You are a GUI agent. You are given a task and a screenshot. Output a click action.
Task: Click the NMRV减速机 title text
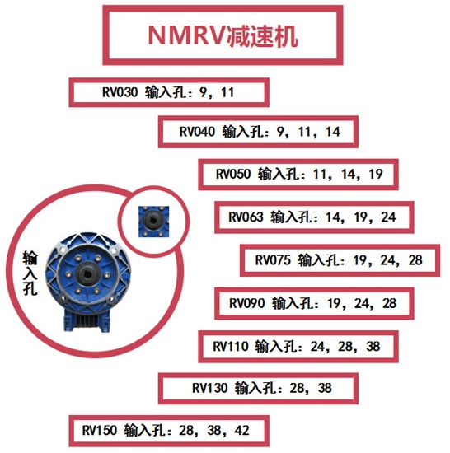pos(223,35)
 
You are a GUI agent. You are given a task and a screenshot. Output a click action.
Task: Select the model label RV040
pos(197,131)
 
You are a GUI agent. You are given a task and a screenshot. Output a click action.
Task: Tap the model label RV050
pos(233,175)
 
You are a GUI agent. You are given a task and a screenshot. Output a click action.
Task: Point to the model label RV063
pos(246,218)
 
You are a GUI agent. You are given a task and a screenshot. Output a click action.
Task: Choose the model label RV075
pos(274,261)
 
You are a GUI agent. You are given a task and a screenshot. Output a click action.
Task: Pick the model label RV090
pos(246,304)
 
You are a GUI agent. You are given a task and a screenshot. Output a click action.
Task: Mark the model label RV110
pos(231,346)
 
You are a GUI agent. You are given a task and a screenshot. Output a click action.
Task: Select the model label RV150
pos(101,430)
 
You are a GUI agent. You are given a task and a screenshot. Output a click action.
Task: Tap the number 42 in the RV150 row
pos(240,430)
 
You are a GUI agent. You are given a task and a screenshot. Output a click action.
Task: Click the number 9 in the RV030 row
pos(202,92)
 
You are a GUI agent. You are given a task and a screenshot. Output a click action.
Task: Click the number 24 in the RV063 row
pos(388,218)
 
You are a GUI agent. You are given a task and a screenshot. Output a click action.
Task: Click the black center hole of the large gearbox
pos(87,269)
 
